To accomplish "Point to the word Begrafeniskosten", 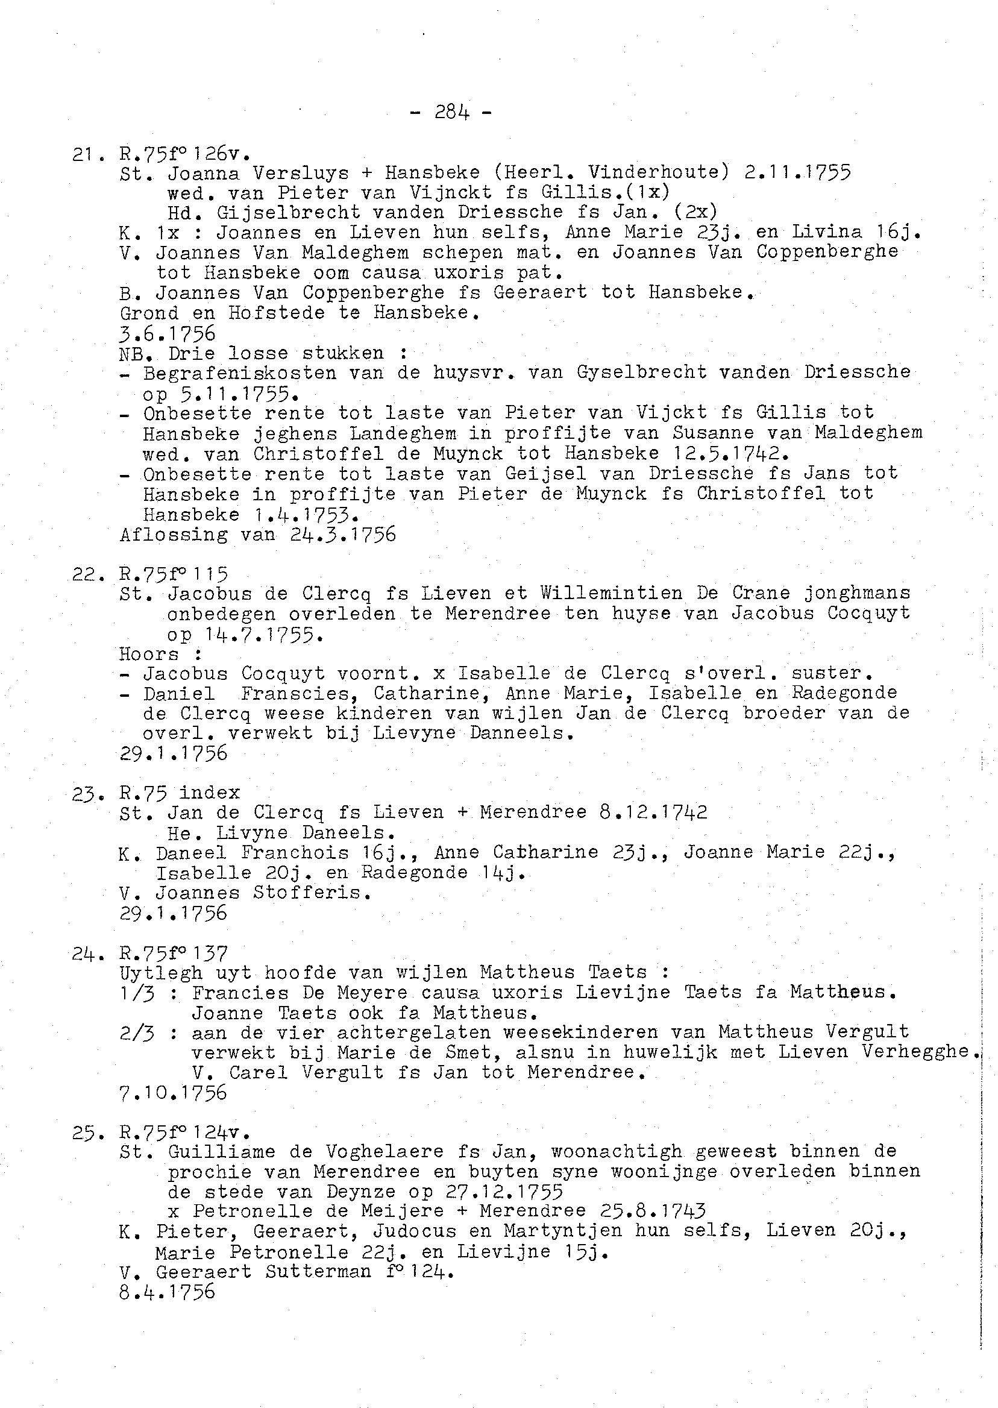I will point(240,373).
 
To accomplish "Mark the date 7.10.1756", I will point(174,1093).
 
